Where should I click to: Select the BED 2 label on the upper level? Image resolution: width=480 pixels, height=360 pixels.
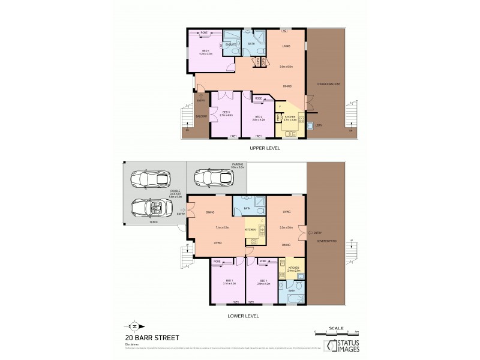point(258,116)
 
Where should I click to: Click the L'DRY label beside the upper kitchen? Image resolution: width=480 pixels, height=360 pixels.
point(319,125)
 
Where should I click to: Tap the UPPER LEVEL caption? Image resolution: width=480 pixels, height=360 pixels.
point(265,147)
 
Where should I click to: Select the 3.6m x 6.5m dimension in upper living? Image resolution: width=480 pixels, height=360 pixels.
point(286,67)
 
